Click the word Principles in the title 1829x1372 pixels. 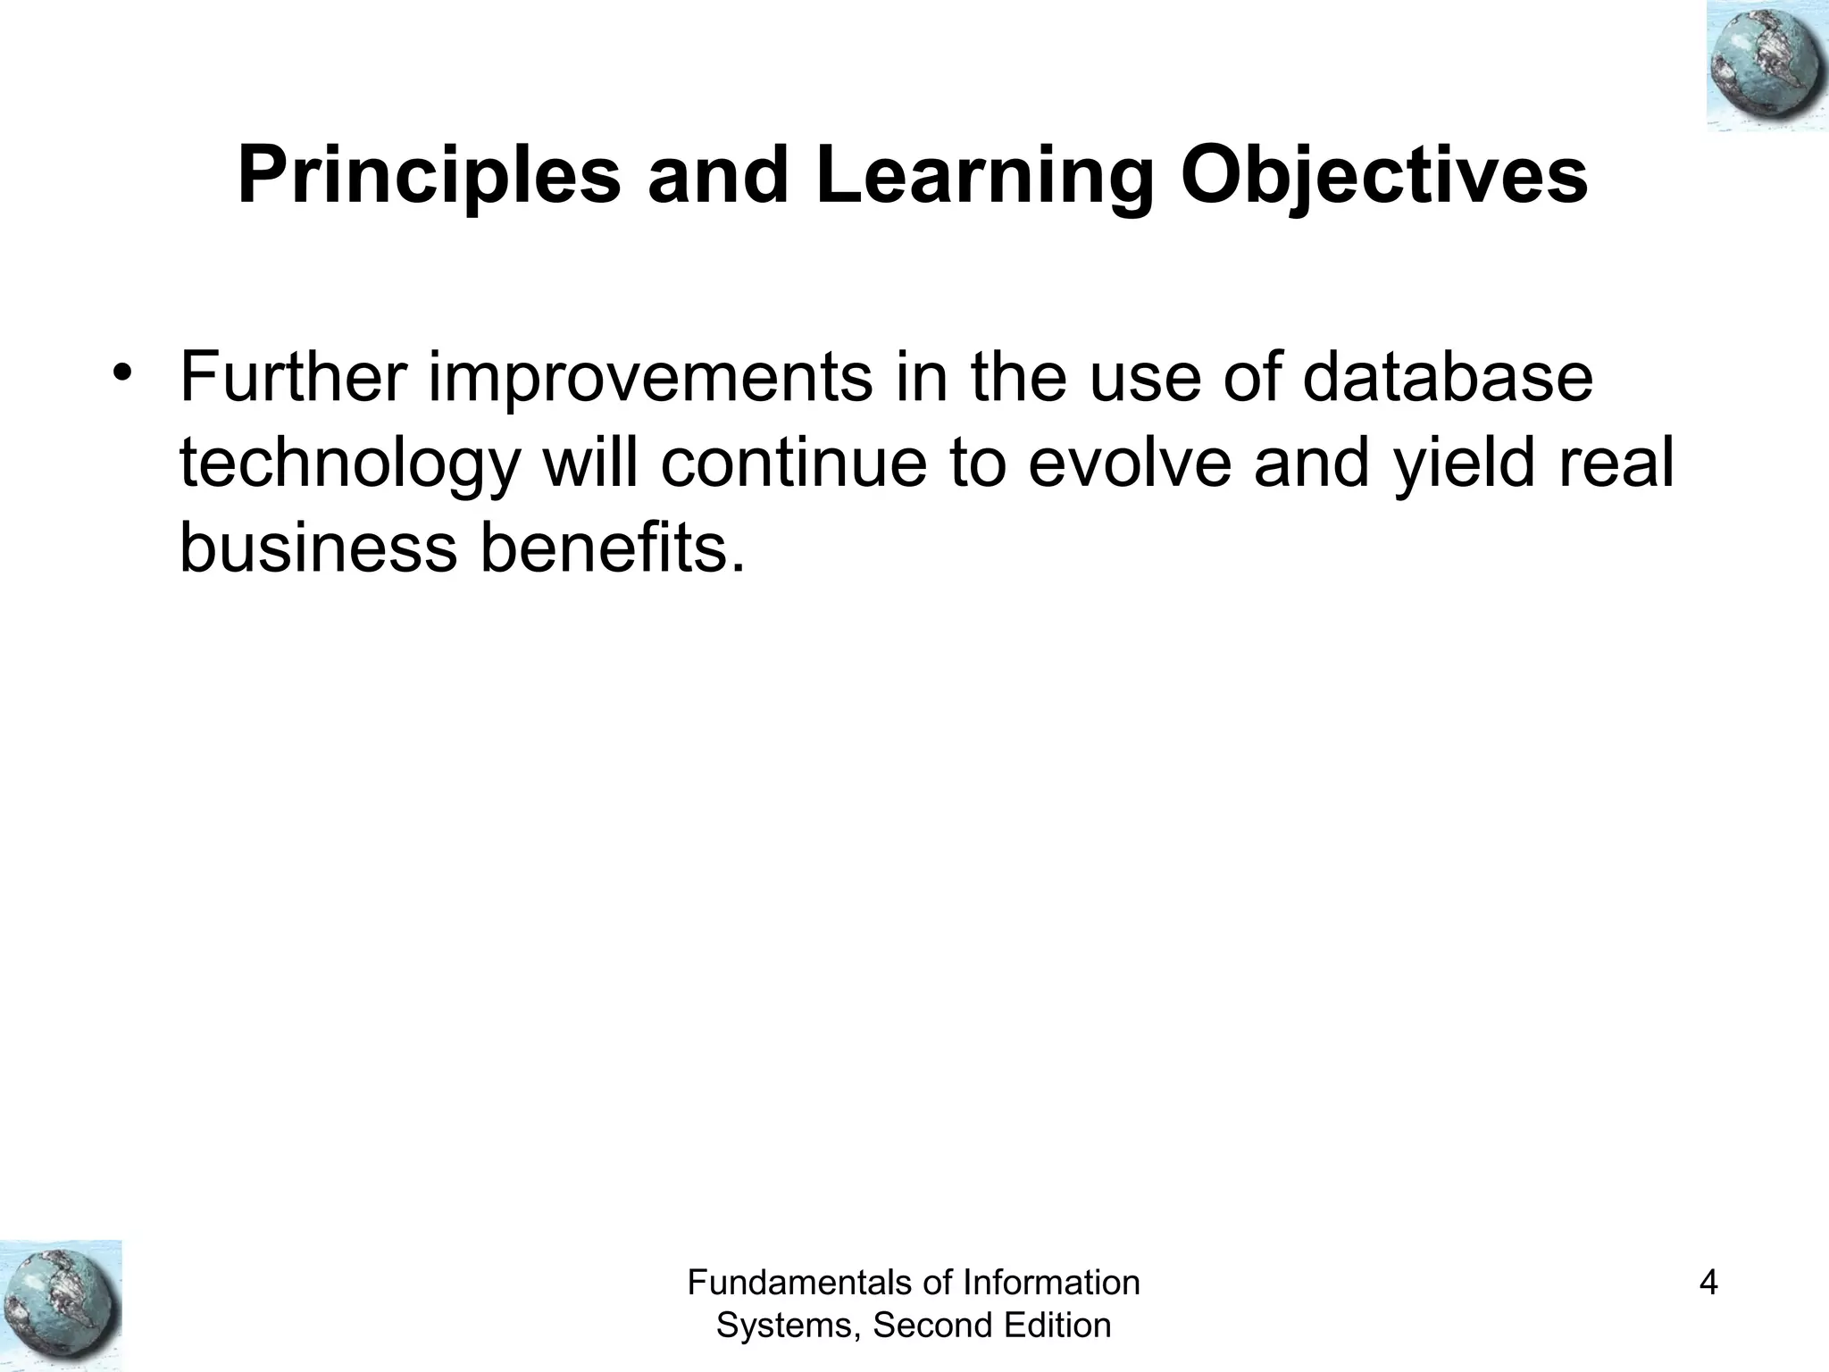coord(429,176)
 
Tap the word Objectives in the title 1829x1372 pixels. coord(1383,176)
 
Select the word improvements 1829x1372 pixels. coord(651,378)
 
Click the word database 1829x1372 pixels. coord(1447,378)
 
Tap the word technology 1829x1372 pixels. coord(349,464)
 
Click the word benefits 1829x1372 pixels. coord(612,548)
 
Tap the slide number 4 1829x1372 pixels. coord(1708,1284)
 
